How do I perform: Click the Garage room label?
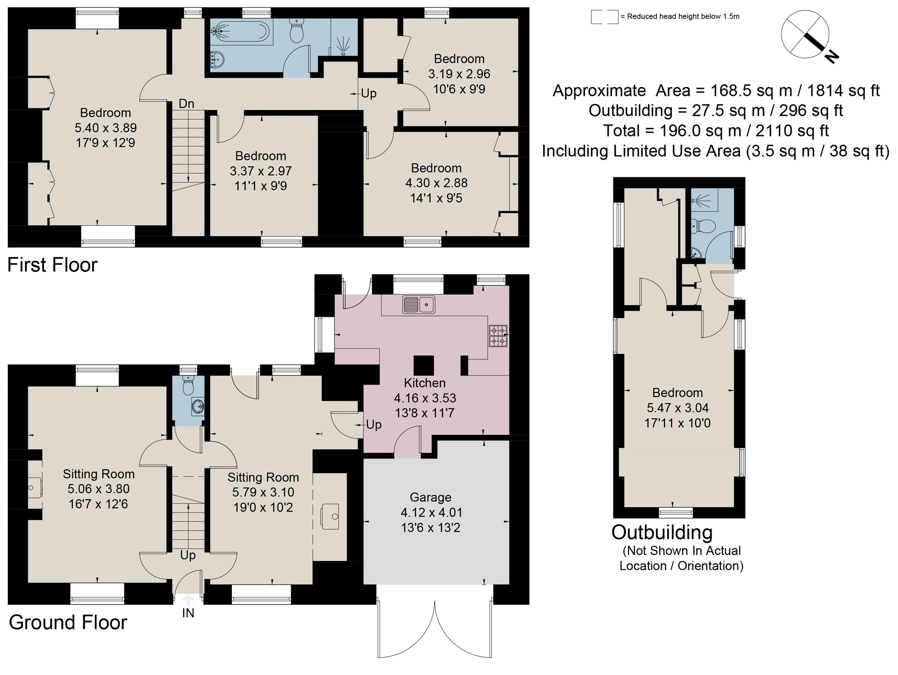point(430,497)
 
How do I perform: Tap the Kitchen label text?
point(425,383)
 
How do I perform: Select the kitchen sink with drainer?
point(419,304)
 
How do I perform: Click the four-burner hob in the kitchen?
point(498,336)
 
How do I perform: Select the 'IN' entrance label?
point(188,613)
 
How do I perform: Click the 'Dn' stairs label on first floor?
point(186,104)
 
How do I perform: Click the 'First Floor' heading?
point(53,265)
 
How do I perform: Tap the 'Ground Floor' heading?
point(68,622)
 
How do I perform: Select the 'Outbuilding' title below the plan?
point(662,532)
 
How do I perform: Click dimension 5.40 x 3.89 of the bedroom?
point(105,128)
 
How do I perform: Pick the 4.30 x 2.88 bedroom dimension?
point(436,183)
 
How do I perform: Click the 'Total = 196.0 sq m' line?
point(715,131)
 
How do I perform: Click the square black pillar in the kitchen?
point(423,365)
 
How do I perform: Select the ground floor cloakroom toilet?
point(188,385)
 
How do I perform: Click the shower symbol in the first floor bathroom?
point(344,44)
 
